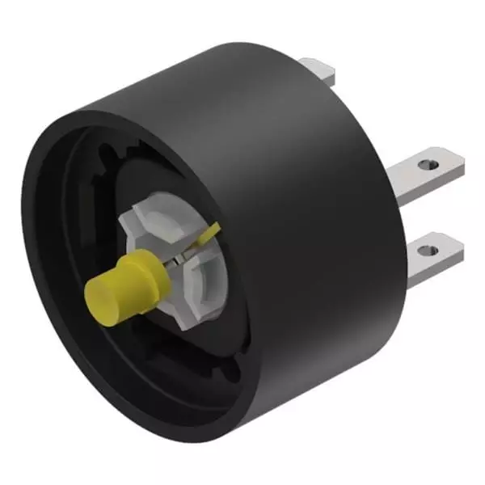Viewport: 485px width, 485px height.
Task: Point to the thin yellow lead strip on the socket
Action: [209, 236]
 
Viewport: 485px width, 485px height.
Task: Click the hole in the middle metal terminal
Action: [432, 165]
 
